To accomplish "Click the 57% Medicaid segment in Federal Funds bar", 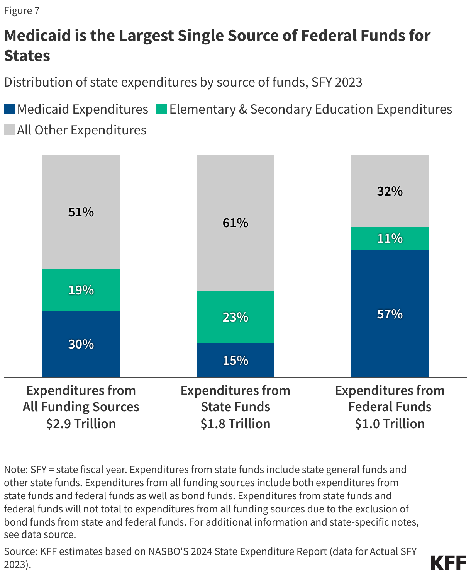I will (390, 314).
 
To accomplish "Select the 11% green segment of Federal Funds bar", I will (390, 238).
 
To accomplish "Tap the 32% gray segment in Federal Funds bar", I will (390, 191).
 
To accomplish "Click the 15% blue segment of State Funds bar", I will (235, 360).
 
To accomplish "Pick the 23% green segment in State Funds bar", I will (235, 317).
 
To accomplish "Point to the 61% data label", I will (235, 223).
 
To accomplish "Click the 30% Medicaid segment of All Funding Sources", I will (81, 344).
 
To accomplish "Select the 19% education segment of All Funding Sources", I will (81, 290).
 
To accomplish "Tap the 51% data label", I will (81, 212).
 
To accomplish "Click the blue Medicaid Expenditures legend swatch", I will (9, 109).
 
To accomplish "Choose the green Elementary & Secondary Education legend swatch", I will (161, 109).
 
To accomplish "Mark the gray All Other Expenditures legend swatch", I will (9, 130).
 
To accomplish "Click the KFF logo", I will (448, 563).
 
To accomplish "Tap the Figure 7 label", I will (22, 10).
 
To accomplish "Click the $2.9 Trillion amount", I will (81, 424).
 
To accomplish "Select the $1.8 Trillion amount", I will (235, 424).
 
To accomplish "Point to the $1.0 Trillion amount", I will (390, 424).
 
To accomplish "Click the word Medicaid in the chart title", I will (37, 36).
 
